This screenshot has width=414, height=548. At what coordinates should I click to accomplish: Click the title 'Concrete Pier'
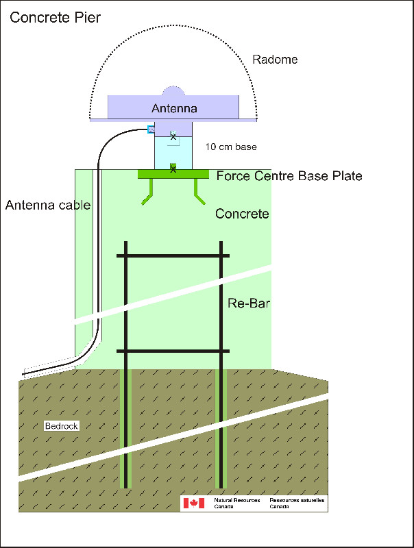pos(56,18)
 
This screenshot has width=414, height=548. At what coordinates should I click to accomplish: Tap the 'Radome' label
pos(275,60)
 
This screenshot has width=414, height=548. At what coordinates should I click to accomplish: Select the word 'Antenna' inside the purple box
pos(174,108)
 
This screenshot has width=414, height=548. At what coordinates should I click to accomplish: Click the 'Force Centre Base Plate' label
pos(289,176)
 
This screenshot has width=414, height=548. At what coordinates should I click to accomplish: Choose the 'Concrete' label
pos(242,214)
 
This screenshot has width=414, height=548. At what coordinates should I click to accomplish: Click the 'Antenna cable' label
pos(47,204)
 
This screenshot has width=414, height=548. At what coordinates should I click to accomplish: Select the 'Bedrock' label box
pos(62,426)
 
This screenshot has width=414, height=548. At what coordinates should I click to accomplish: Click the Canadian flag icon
pos(193,503)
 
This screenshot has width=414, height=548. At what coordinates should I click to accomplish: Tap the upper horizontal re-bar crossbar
pos(173,256)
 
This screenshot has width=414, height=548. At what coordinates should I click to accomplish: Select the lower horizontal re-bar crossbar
pos(173,351)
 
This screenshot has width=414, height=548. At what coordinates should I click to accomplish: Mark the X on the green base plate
pos(173,169)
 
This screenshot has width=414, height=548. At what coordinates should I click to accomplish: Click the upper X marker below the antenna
pos(173,137)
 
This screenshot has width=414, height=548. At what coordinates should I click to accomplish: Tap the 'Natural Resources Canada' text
pos(236,503)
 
